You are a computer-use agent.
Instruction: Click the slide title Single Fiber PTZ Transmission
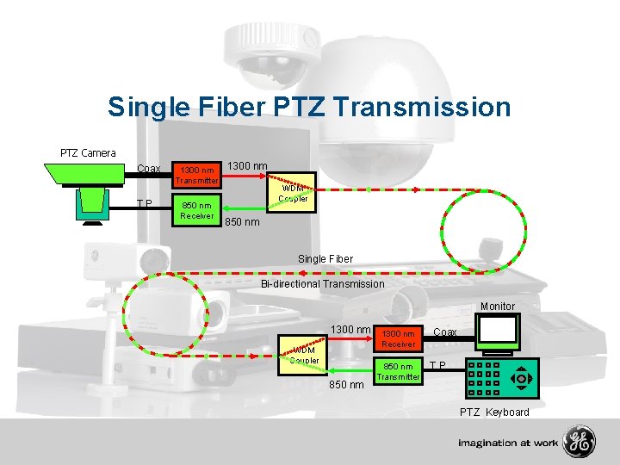[x=309, y=107]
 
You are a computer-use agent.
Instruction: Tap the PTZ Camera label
[x=88, y=153]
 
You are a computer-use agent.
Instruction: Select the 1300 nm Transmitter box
[x=197, y=175]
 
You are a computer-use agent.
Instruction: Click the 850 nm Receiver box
[x=197, y=210]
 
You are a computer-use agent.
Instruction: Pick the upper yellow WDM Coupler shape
[x=292, y=193]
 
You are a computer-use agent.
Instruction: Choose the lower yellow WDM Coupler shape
[x=304, y=356]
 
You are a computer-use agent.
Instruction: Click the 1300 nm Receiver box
[x=399, y=338]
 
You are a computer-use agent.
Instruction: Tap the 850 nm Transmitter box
[x=399, y=371]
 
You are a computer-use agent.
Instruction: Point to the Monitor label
[x=498, y=306]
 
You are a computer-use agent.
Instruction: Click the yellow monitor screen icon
[x=499, y=331]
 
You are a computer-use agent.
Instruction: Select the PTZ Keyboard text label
[x=494, y=412]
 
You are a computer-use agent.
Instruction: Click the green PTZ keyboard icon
[x=502, y=378]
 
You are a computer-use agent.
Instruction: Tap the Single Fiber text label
[x=325, y=258]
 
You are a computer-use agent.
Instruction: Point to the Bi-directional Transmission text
[x=323, y=283]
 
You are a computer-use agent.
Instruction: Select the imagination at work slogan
[x=508, y=443]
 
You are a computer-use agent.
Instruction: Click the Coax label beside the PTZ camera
[x=149, y=168]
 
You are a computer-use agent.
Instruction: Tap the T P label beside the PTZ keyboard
[x=438, y=365]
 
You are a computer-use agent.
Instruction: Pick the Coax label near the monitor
[x=445, y=332]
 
